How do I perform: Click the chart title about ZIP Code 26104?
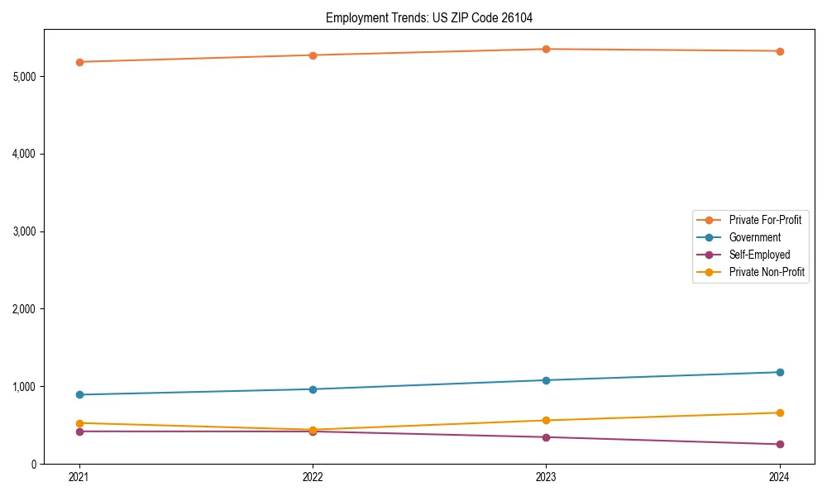point(435,17)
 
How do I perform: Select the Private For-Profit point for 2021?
point(79,62)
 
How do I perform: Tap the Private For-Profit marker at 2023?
point(546,49)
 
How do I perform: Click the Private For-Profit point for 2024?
point(780,51)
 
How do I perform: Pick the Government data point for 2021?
point(79,394)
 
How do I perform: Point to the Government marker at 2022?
point(313,389)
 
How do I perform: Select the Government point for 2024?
point(780,372)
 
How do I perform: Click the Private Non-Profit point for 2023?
point(546,420)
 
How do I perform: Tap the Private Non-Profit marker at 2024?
point(780,413)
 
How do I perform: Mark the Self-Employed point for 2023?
point(546,437)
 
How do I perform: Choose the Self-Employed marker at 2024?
point(780,444)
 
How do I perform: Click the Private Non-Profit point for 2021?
point(79,423)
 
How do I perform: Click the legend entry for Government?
point(754,237)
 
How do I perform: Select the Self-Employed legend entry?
point(759,255)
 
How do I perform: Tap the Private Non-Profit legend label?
point(767,272)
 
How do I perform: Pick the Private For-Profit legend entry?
point(765,220)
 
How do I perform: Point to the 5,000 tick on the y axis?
point(24,77)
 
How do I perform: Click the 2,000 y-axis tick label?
point(24,309)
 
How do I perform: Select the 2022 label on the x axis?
point(313,476)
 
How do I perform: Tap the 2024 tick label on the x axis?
point(780,476)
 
